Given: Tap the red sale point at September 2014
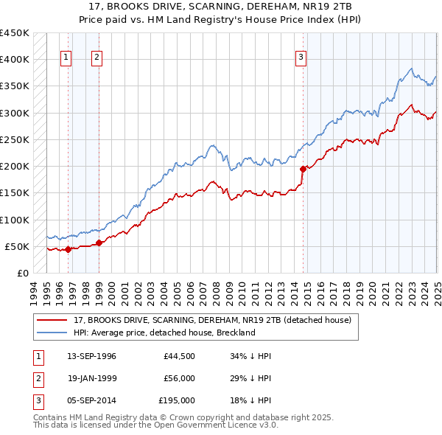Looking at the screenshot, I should tap(303, 169).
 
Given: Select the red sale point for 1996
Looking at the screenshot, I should tap(67, 249).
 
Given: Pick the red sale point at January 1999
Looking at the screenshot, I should tap(99, 243).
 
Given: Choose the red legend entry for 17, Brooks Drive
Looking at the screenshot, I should tap(213, 320).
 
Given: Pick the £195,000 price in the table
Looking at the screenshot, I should tap(177, 400).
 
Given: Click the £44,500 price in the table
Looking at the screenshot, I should tap(180, 356).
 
